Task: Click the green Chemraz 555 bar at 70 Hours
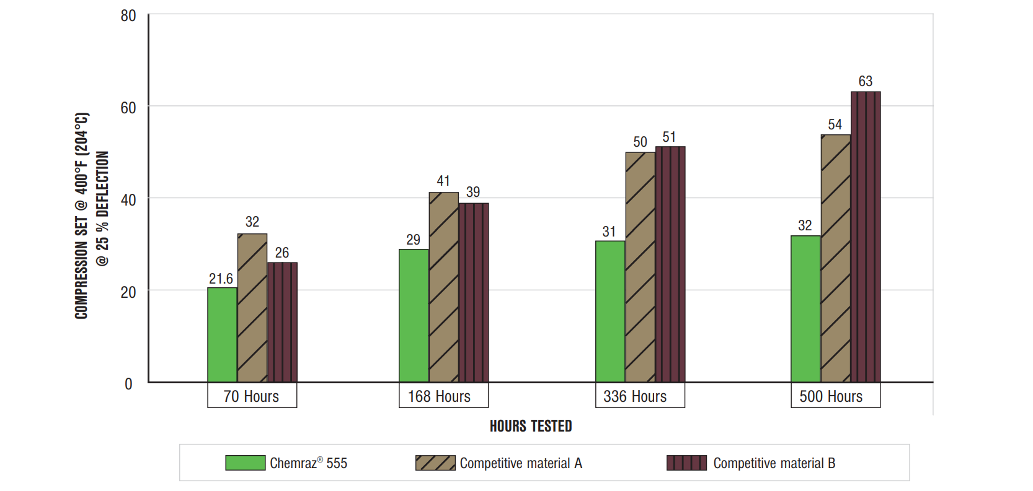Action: [222, 335]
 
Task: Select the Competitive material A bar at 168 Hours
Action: [444, 287]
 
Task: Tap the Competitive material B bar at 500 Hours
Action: [866, 237]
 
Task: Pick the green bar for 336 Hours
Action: [610, 311]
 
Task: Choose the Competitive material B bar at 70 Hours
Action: [282, 322]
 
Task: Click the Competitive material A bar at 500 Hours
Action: [836, 259]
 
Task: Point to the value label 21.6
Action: [221, 279]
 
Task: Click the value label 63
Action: [866, 81]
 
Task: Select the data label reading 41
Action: [443, 181]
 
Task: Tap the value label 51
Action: [669, 137]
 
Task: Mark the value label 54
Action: [835, 124]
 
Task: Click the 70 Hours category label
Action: [252, 396]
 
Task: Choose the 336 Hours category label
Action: [635, 396]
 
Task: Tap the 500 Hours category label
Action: [831, 396]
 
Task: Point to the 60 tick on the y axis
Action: [128, 108]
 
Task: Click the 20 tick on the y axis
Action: [128, 292]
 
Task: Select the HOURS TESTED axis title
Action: [531, 426]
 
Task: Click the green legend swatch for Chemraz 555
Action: [245, 463]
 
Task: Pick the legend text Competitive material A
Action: [521, 463]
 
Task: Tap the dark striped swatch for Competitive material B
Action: [686, 463]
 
